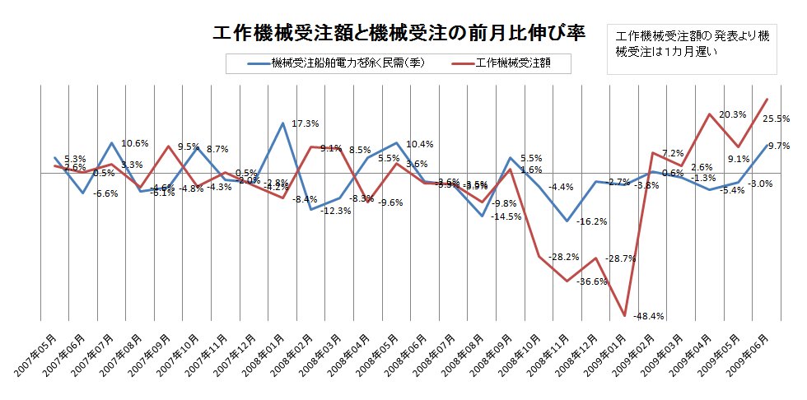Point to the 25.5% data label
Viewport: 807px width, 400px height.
(776, 119)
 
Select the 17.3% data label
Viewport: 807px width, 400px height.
(306, 124)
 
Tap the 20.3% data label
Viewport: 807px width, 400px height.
(732, 115)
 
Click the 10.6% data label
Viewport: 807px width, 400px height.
(135, 144)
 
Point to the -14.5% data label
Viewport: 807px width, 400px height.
(506, 217)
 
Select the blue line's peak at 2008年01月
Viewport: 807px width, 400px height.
(282, 123)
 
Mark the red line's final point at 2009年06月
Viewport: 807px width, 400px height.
(767, 100)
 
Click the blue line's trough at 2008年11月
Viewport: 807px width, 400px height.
(567, 221)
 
